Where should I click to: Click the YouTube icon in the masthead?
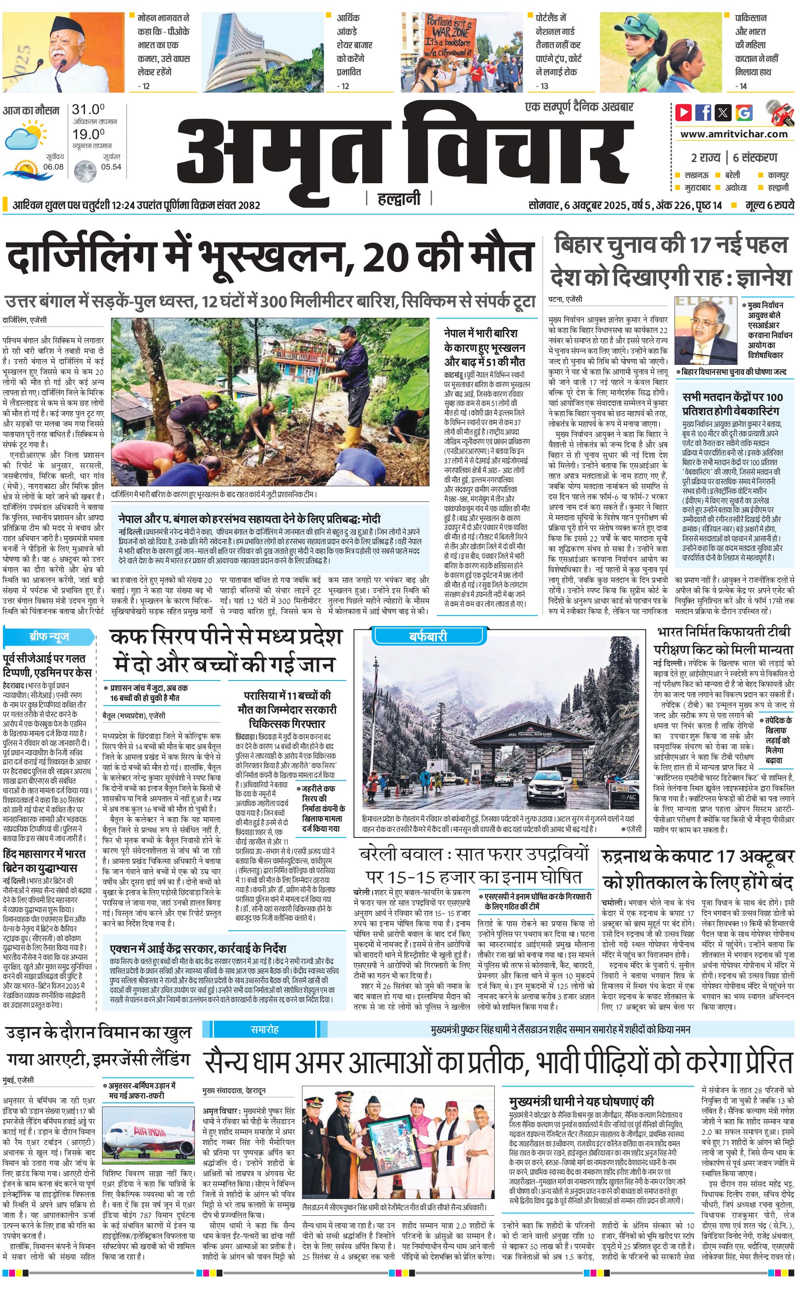[x=684, y=112]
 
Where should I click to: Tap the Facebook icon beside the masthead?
[x=703, y=112]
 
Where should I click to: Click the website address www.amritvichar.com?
[x=734, y=134]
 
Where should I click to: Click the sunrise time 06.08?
[x=53, y=167]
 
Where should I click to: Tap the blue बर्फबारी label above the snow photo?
[x=428, y=636]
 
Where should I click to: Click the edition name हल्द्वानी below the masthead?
[x=399, y=199]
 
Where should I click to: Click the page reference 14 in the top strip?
[x=743, y=86]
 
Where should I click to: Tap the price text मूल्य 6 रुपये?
[x=769, y=205]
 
